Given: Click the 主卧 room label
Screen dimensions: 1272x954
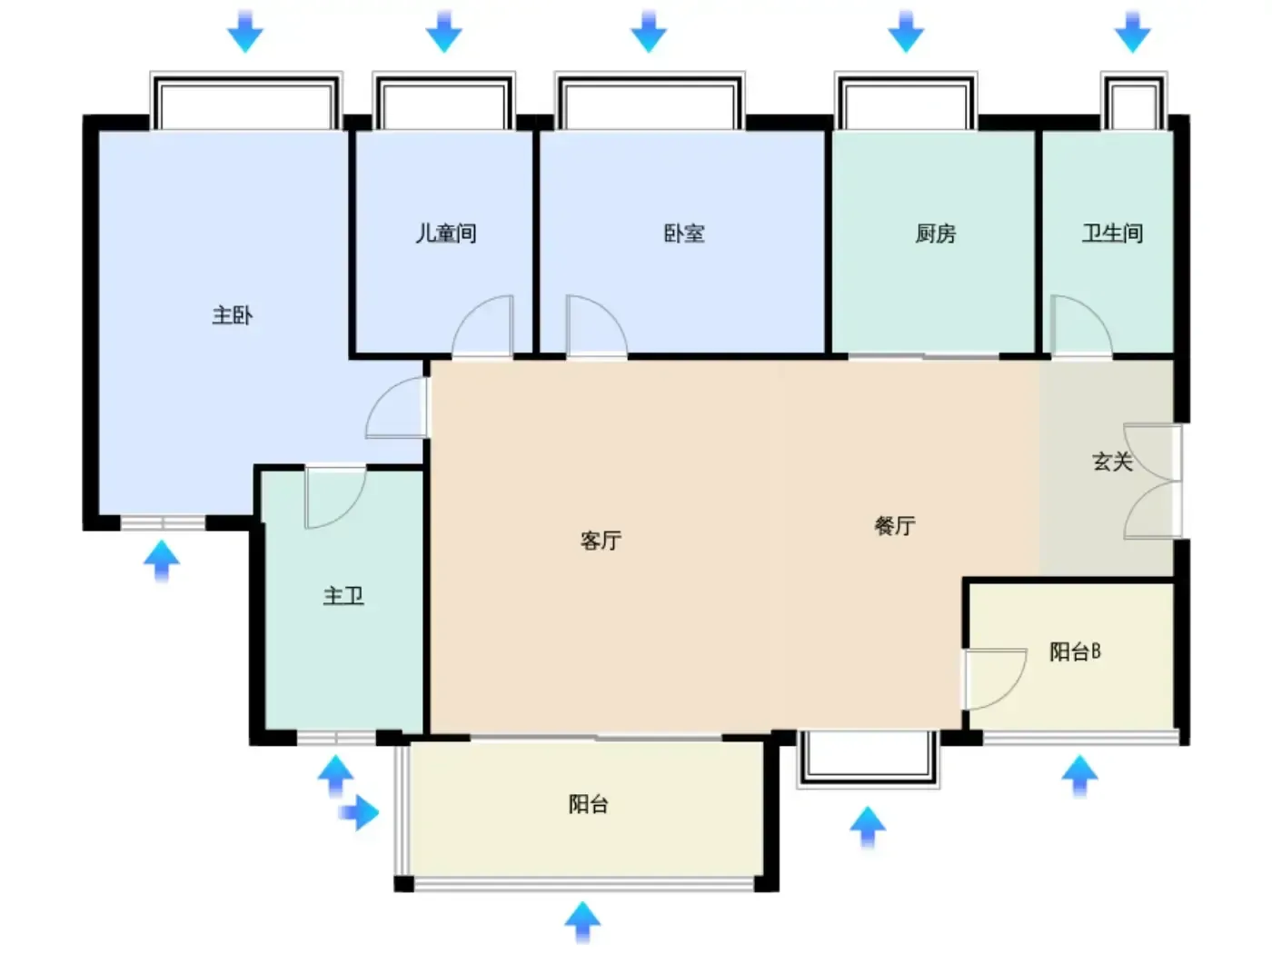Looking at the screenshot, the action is tap(233, 315).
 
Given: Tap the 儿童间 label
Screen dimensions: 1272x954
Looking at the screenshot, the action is tap(446, 234).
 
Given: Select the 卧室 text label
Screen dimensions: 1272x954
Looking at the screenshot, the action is tap(684, 234).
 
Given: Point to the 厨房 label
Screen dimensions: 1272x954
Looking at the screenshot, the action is tap(935, 234).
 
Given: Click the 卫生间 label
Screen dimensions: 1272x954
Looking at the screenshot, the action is tap(1113, 234).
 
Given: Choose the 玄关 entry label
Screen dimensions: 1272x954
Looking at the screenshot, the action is tap(1113, 462).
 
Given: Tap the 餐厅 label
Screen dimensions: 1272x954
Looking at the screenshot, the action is tap(895, 526).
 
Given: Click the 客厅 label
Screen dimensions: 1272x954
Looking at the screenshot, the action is tap(601, 541).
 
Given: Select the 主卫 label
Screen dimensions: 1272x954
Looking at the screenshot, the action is tap(343, 596).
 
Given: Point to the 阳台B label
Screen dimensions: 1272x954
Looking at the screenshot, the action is tap(1076, 651).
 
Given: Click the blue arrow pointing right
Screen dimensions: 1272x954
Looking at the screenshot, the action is tap(359, 812).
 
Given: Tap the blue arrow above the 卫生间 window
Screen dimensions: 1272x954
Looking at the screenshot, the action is tap(1133, 31).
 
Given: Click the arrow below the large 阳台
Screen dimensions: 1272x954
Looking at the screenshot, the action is tap(582, 922).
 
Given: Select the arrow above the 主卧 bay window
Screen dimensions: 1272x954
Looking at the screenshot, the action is tap(245, 31).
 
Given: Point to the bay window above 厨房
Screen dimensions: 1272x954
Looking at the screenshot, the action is tap(906, 101).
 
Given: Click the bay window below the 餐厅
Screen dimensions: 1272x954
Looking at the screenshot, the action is tap(868, 760).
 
